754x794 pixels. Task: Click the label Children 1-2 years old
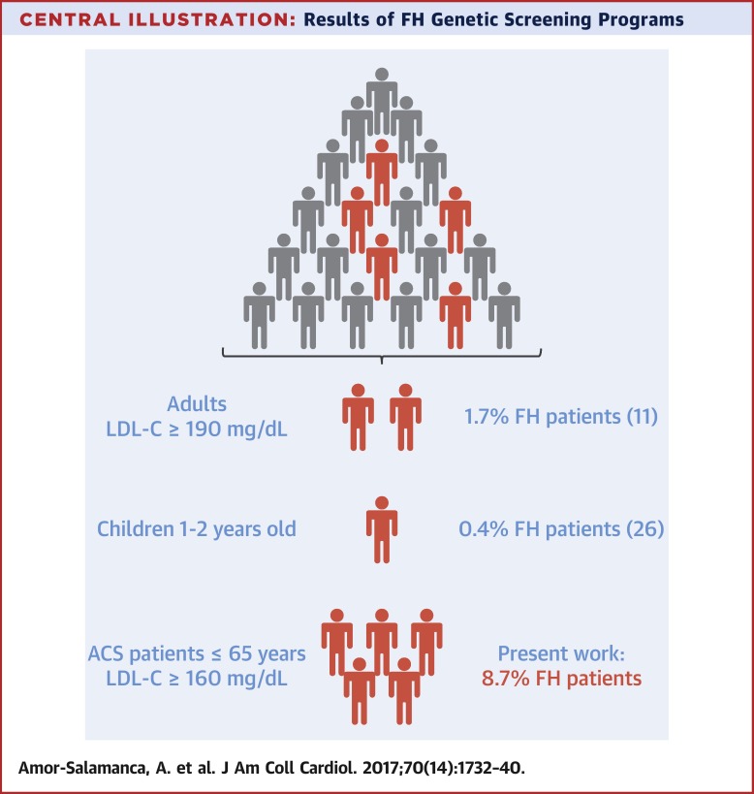(x=196, y=529)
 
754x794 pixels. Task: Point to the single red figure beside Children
(x=381, y=529)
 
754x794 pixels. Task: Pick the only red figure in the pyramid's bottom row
(x=455, y=315)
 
